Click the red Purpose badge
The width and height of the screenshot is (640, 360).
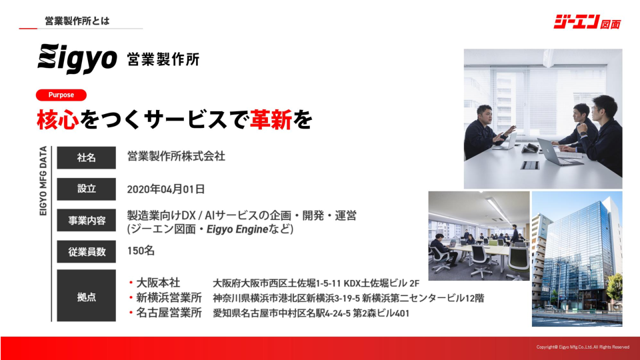click(61, 95)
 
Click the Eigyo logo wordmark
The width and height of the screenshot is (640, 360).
click(77, 59)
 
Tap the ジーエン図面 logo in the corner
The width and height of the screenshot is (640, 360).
click(587, 21)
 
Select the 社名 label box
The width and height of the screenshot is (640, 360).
click(86, 157)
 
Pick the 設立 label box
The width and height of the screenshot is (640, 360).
click(86, 189)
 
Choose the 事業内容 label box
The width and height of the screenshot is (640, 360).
click(86, 221)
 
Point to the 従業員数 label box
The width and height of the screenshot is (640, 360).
click(86, 252)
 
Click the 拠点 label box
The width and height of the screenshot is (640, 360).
click(86, 296)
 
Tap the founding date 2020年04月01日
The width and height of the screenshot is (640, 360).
click(166, 189)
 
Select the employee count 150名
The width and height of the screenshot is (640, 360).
click(141, 251)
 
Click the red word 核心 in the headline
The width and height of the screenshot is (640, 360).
click(57, 119)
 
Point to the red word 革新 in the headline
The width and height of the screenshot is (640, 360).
click(271, 119)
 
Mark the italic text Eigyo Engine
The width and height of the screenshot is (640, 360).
click(237, 229)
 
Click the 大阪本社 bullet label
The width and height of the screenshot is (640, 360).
click(158, 283)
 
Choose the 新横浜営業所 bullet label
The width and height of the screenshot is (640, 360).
click(169, 297)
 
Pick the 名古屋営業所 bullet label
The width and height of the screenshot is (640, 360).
click(169, 313)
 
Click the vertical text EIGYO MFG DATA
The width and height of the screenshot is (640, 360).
click(43, 181)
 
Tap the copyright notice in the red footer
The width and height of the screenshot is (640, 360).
click(583, 347)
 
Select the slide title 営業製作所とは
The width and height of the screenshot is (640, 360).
click(77, 21)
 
